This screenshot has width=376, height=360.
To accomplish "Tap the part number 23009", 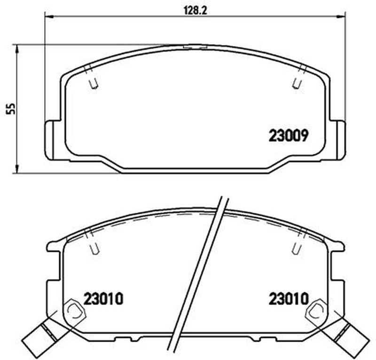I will [x=288, y=136].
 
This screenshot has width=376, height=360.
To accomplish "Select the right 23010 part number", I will [x=288, y=298].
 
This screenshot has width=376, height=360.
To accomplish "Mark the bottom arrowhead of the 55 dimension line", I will [x=17, y=170].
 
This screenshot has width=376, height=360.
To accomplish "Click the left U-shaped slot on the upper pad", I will [x=94, y=83].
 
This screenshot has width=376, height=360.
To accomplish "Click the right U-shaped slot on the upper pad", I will [x=296, y=83].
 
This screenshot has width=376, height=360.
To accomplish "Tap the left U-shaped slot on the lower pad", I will [x=94, y=248].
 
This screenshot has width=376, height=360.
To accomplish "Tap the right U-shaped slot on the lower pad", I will [x=296, y=248].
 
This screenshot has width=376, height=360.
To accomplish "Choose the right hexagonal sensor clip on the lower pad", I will [x=317, y=311].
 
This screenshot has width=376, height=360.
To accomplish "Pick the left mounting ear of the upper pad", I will [x=52, y=139].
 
